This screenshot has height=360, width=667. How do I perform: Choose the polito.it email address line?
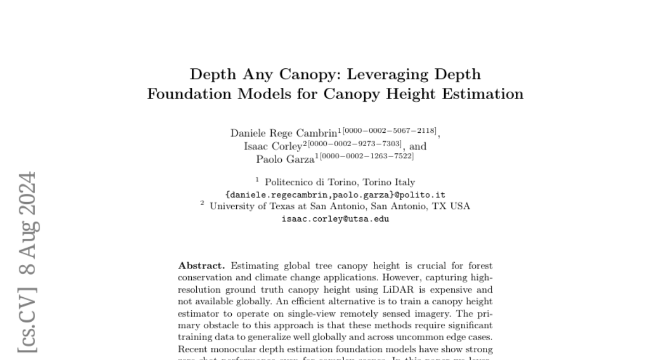pyautogui.click(x=335, y=194)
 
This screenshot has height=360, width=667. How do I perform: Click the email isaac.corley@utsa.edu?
pyautogui.click(x=335, y=219)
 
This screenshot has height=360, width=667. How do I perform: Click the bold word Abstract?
pyautogui.click(x=201, y=266)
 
